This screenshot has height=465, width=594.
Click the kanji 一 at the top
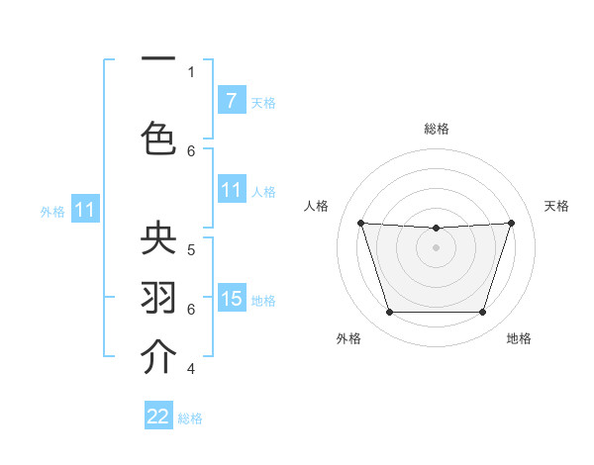159,59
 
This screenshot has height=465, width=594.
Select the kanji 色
159,136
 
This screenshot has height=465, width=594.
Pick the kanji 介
159,356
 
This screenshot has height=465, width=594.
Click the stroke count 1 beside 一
191,71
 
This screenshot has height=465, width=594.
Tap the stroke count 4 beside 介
191,369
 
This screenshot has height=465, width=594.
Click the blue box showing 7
231,101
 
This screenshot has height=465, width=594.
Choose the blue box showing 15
231,299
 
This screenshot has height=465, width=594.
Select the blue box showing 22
158,417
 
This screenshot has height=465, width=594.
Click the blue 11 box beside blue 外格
85,210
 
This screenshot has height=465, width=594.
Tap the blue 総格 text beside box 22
190,418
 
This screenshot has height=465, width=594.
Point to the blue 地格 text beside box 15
263,300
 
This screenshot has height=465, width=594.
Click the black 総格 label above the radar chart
437,129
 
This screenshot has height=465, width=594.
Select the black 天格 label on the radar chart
556,206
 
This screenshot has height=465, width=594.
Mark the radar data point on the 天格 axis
511,223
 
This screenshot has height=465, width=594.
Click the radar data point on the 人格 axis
360,223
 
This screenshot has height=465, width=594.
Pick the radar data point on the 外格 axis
389,313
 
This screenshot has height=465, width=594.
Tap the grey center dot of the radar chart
436,247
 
